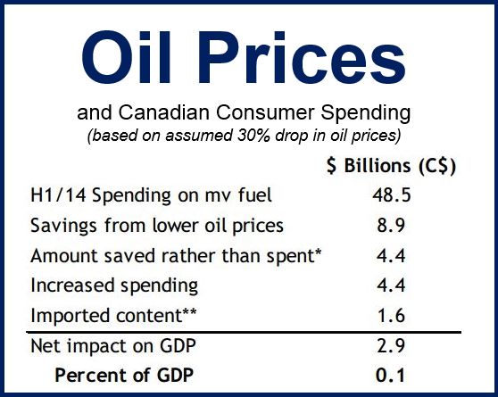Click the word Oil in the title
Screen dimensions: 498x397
126,57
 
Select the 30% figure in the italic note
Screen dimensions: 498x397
253,136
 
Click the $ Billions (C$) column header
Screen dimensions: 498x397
391,166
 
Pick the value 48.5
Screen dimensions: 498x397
392,195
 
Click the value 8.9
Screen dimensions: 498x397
391,226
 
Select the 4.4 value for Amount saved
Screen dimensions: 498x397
391,256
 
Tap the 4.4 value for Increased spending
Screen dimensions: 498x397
391,285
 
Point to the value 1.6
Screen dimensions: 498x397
391,316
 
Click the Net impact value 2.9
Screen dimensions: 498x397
391,346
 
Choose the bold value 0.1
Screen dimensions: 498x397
391,376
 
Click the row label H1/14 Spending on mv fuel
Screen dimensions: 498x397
151,195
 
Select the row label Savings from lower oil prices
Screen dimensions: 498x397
157,226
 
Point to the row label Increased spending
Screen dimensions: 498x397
114,285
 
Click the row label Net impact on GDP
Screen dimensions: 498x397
113,346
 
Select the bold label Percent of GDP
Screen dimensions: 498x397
124,376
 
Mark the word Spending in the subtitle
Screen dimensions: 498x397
365,113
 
